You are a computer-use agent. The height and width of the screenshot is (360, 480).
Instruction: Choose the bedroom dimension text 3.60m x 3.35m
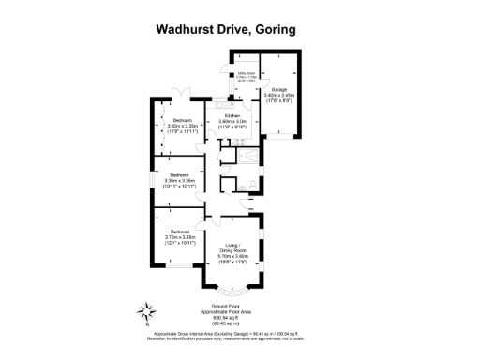pos(183,126)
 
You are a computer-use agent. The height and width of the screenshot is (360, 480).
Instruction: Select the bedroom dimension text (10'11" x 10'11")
pos(177,184)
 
